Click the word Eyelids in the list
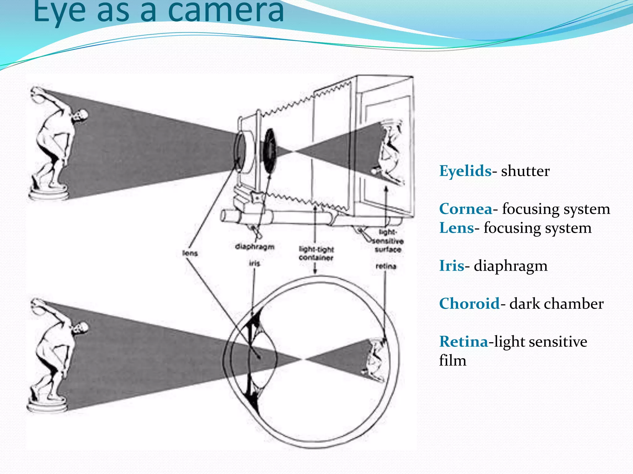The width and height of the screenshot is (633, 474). (x=465, y=171)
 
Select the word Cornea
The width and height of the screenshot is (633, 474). (x=465, y=209)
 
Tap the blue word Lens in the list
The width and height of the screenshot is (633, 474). (x=456, y=228)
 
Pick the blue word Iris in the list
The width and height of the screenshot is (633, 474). (x=451, y=266)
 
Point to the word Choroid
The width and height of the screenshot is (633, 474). (x=469, y=304)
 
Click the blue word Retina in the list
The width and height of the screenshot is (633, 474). (x=464, y=342)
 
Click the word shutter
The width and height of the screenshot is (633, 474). (x=525, y=171)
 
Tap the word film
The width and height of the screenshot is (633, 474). (x=452, y=360)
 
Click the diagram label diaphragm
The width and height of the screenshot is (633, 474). (x=255, y=247)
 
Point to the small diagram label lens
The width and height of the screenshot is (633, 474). (x=190, y=253)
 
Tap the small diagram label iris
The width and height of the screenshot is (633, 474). (x=255, y=263)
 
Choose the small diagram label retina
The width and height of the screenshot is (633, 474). (x=386, y=266)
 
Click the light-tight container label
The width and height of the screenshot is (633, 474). (x=316, y=253)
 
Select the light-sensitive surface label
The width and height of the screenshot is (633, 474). (x=388, y=241)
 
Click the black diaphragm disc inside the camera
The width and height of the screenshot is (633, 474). (x=270, y=150)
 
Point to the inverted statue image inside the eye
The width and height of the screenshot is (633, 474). (x=376, y=360)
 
